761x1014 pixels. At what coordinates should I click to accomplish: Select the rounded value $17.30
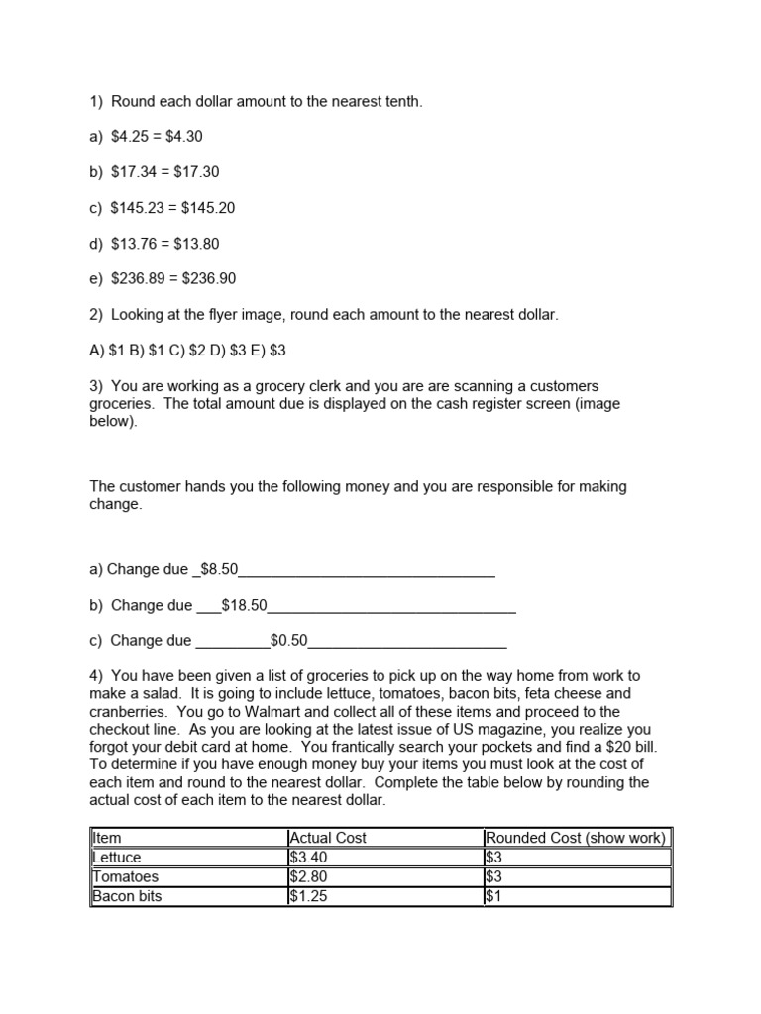pyautogui.click(x=196, y=172)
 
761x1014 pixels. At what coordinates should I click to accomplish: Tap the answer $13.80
pyautogui.click(x=196, y=244)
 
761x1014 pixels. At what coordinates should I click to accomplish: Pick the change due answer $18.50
pyautogui.click(x=244, y=605)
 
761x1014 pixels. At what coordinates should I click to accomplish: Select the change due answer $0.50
pyautogui.click(x=288, y=641)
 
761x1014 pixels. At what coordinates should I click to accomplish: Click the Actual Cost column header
pyautogui.click(x=327, y=838)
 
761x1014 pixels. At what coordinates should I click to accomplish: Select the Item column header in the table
pyautogui.click(x=107, y=838)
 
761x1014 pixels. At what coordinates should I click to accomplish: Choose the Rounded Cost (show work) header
pyautogui.click(x=576, y=838)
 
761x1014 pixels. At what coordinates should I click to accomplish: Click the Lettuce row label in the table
pyautogui.click(x=117, y=858)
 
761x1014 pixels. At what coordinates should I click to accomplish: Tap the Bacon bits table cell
pyautogui.click(x=127, y=897)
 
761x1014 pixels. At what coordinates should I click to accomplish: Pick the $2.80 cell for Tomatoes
pyautogui.click(x=307, y=877)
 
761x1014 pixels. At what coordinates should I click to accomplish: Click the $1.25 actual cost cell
pyautogui.click(x=307, y=897)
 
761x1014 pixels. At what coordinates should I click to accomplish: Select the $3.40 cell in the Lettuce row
pyautogui.click(x=307, y=858)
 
